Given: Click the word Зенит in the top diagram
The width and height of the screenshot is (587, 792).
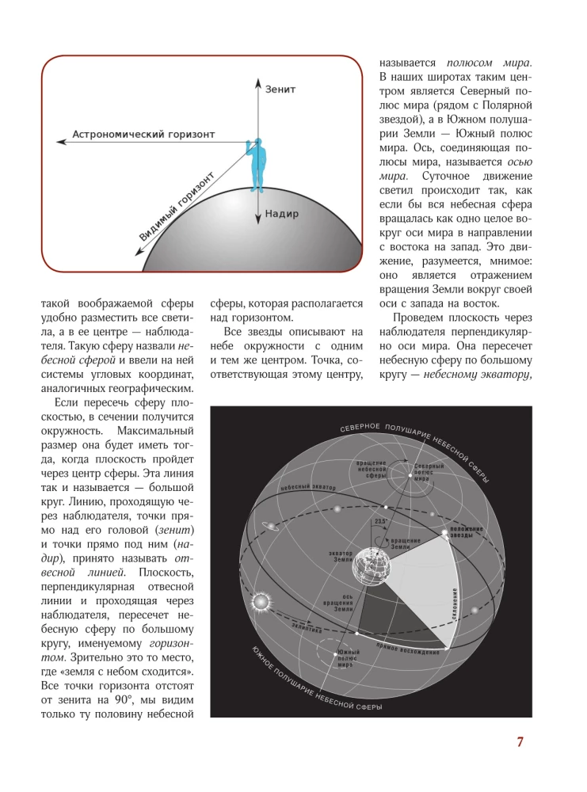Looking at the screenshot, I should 280,89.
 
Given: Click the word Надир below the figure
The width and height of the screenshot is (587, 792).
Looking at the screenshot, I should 282,213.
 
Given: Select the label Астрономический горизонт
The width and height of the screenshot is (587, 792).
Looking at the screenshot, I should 143,135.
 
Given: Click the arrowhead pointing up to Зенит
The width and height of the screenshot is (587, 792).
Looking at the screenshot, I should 257,81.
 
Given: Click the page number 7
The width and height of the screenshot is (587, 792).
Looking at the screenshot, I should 520,742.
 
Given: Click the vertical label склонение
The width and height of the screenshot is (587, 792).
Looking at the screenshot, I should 457,606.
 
